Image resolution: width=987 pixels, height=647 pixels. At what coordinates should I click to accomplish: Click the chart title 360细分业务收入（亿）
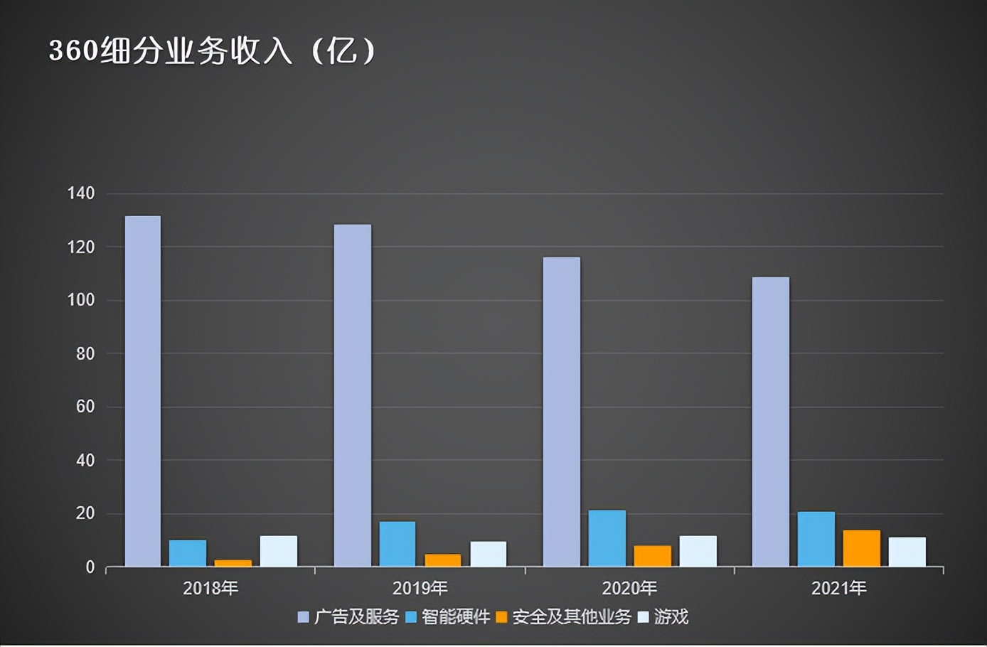click(212, 51)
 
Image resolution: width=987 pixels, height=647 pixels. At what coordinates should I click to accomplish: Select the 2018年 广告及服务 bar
click(143, 391)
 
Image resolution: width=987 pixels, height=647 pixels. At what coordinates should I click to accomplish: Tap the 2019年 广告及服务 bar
click(353, 395)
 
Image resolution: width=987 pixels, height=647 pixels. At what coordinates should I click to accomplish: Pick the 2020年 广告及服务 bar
click(562, 412)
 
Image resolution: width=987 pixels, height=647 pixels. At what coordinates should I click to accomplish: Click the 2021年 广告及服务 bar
click(771, 422)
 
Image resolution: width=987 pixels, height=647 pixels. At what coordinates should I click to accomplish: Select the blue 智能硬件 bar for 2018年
click(188, 553)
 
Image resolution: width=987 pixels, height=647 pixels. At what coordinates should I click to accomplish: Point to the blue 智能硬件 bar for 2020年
click(607, 538)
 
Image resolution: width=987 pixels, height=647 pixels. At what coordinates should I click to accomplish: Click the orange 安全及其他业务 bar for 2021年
click(862, 548)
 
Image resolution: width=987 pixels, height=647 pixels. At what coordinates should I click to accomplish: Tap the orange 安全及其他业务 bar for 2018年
click(233, 563)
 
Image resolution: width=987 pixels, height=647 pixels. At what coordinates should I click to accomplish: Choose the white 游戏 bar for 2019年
click(489, 554)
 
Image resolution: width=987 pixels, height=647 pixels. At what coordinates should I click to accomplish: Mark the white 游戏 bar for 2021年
click(907, 552)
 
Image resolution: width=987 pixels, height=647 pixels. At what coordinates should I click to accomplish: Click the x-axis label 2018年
click(210, 589)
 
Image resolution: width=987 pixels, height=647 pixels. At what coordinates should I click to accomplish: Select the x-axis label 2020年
click(629, 589)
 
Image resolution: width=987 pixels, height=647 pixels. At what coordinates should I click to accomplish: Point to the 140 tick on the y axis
click(81, 193)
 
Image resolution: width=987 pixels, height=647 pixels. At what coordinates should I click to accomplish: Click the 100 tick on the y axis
click(81, 300)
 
